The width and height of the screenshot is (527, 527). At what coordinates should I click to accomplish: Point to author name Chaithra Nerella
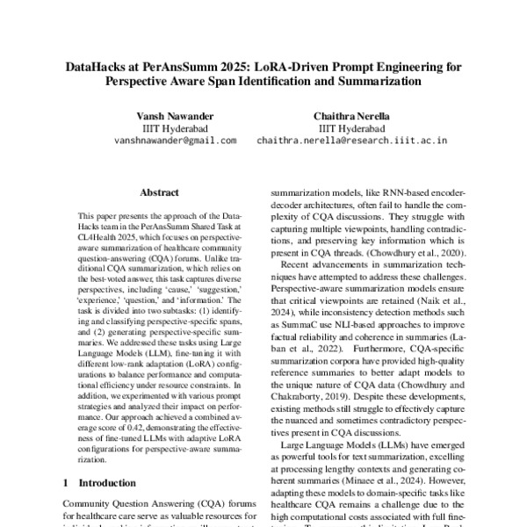pos(351,114)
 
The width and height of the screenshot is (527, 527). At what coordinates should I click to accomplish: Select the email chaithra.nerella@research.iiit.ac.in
pos(351,140)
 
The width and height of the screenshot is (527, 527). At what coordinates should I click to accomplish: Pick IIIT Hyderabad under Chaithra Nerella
pos(351,126)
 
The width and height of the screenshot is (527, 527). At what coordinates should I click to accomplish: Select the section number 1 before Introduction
pos(66,482)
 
